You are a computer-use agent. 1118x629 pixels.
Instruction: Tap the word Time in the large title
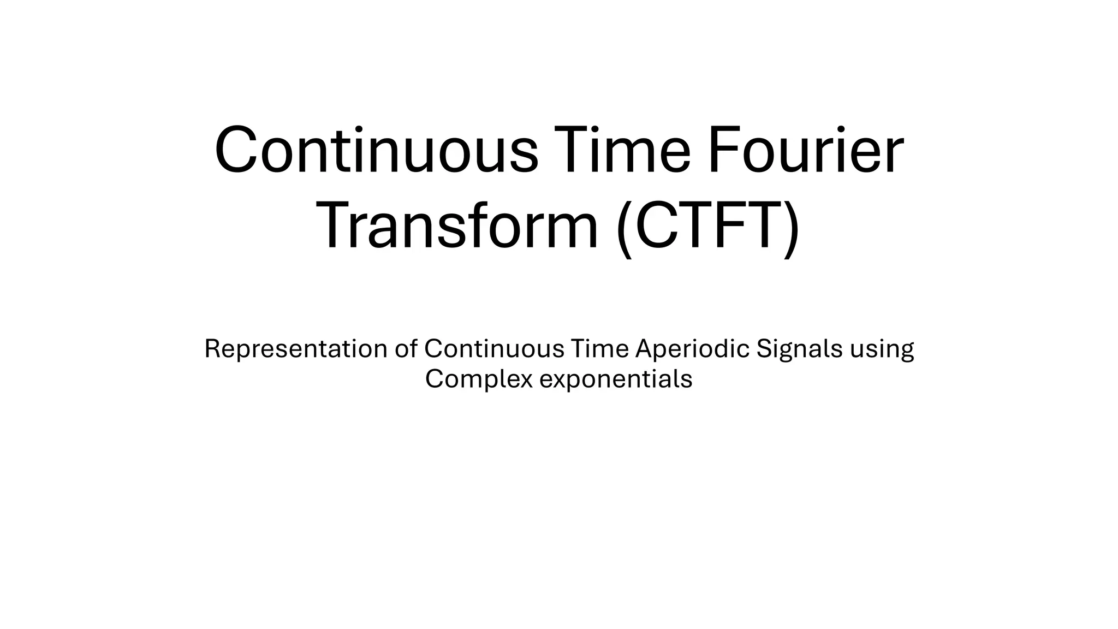coord(622,150)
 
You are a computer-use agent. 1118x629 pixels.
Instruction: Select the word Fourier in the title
coord(805,150)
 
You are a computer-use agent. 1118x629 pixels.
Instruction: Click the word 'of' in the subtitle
coord(406,349)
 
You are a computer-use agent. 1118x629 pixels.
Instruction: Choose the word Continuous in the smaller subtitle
coord(494,349)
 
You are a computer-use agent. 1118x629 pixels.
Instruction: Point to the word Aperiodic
coord(693,349)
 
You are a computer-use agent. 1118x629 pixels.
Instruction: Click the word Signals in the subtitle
coord(799,349)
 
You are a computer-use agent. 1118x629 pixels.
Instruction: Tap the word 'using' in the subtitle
coord(882,350)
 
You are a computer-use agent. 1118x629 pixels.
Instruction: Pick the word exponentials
coord(616,379)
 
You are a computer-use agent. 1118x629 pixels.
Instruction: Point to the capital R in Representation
coord(212,349)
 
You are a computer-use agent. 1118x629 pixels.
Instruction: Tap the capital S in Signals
coord(764,349)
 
